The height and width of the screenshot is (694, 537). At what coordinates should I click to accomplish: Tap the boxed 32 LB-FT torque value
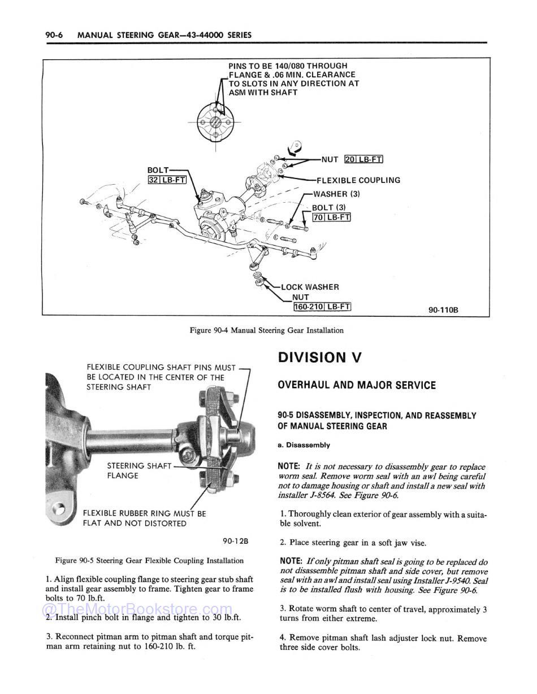(167, 180)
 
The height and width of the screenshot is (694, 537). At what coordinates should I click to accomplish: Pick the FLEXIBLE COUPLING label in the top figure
(358, 180)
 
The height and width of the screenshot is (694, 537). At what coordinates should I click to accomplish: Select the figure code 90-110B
(443, 309)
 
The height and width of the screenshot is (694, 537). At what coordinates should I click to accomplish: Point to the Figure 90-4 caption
(266, 330)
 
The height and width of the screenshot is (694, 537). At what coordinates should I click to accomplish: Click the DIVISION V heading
(319, 357)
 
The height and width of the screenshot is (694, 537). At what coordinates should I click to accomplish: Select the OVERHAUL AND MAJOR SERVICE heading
(357, 385)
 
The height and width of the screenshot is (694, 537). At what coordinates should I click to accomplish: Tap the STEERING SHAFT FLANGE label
(138, 470)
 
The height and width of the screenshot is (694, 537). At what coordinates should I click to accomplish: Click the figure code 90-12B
(236, 541)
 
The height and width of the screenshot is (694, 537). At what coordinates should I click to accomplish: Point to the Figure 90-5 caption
(149, 561)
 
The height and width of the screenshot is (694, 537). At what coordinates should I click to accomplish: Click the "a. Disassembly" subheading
(304, 445)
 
